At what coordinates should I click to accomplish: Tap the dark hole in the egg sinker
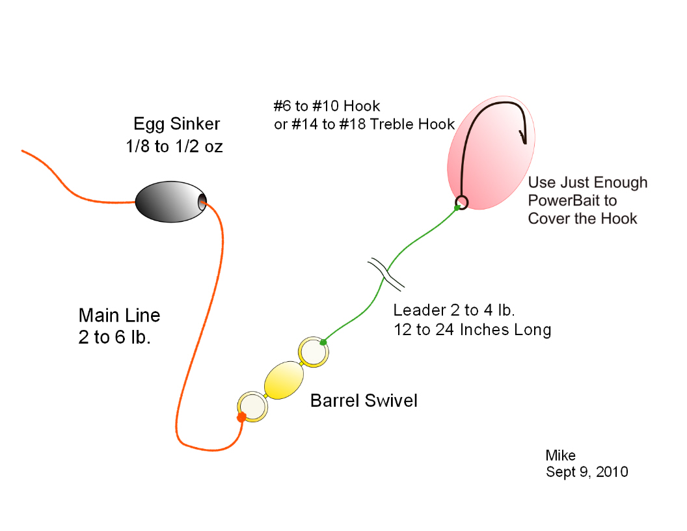pos(202,202)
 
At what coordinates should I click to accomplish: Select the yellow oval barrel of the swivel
pos(284,380)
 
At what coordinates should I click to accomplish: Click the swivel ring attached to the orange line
pos(252,407)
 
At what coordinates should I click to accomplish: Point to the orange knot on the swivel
pos(241,417)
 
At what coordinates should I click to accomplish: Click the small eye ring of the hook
pos(461,202)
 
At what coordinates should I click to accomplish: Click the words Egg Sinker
pos(176,124)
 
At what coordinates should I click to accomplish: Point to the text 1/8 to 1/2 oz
pos(174,146)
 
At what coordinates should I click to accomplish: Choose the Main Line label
pos(119,316)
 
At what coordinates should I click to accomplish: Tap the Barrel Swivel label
pos(364,400)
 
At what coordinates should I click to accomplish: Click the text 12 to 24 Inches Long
pos(472,330)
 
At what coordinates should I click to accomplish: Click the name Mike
pos(560,456)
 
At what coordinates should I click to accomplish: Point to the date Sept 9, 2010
pos(587,472)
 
